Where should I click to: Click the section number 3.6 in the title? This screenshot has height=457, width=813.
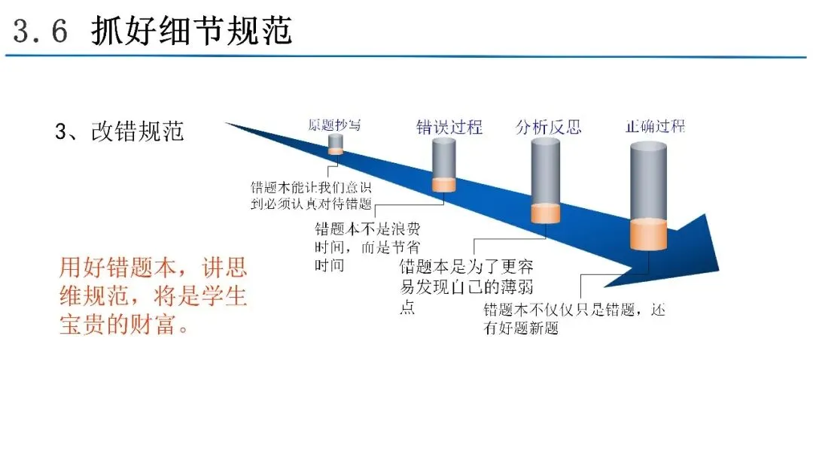(41, 31)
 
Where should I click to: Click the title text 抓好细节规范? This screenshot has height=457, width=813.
(192, 30)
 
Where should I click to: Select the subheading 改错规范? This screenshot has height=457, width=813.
(138, 132)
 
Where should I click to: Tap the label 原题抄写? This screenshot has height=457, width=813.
(334, 126)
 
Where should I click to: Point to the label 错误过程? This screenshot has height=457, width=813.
(449, 127)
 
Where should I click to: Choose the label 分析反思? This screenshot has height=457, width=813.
(548, 127)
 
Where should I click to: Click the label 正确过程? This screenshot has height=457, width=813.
(655, 126)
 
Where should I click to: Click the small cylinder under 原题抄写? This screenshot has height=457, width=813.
(336, 144)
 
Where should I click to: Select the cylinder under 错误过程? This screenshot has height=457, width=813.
(444, 165)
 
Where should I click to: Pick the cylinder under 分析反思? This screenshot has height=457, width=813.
(546, 180)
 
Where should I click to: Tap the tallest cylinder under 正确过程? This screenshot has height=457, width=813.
(648, 196)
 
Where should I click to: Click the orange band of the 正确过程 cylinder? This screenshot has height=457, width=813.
(648, 235)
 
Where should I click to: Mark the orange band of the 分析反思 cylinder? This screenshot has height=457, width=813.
(546, 213)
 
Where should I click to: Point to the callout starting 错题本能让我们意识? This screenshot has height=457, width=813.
(311, 195)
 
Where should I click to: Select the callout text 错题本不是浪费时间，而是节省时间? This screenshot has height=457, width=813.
(367, 247)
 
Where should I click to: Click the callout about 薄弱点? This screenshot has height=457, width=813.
(466, 286)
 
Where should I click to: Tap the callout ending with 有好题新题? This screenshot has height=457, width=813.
(574, 318)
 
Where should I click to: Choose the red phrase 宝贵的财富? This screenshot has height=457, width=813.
(117, 325)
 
